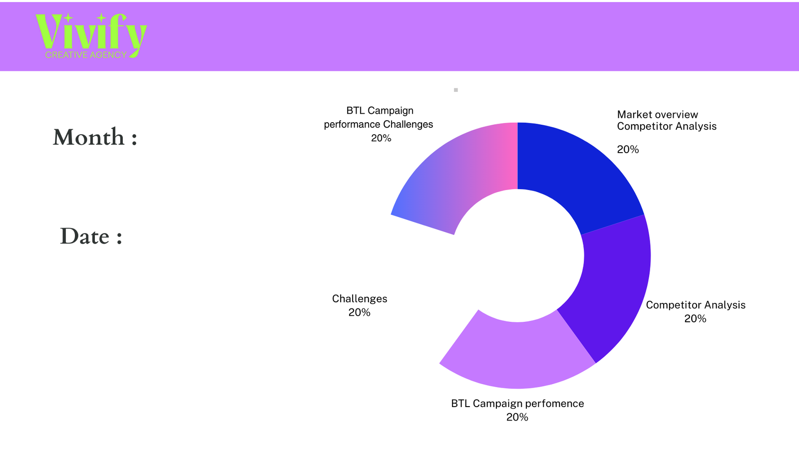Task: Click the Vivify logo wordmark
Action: click(x=90, y=32)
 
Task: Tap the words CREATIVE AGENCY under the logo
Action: click(x=86, y=55)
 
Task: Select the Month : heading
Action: click(x=95, y=137)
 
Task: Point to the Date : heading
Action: click(x=91, y=236)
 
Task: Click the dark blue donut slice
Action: click(x=574, y=170)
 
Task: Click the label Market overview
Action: click(x=657, y=114)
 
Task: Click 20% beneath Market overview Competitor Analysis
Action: click(x=628, y=149)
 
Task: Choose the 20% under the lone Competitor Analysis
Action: click(x=695, y=318)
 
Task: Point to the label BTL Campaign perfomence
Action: click(x=517, y=403)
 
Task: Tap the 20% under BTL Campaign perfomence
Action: click(x=517, y=417)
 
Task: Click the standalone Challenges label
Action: click(x=360, y=298)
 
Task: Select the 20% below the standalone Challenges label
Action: click(x=360, y=312)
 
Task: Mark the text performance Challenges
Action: click(x=379, y=124)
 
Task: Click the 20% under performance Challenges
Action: click(x=381, y=138)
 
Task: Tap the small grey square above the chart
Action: click(x=456, y=90)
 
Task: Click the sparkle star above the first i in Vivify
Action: click(x=68, y=18)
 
